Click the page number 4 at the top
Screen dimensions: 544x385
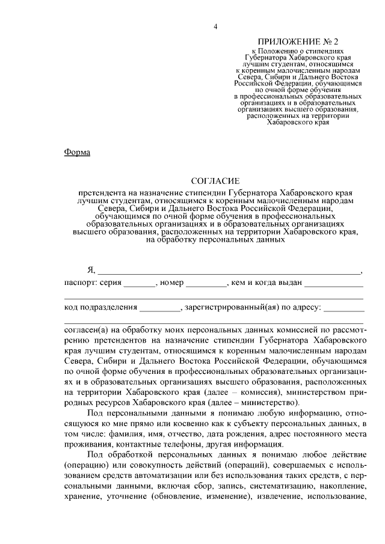tap(215, 26)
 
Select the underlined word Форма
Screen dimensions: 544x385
tap(77, 153)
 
